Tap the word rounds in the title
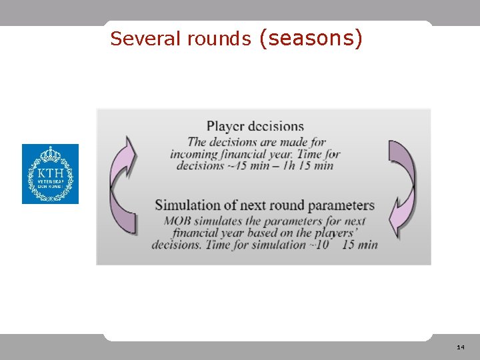(x=219, y=39)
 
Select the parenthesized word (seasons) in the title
(x=311, y=38)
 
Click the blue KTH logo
(x=50, y=174)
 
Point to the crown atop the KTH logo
(x=50, y=155)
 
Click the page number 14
(x=461, y=347)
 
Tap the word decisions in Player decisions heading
(x=276, y=126)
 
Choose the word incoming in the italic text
(x=194, y=154)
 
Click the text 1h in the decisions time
(x=289, y=165)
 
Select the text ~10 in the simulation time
(x=321, y=245)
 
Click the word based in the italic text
(x=260, y=233)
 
